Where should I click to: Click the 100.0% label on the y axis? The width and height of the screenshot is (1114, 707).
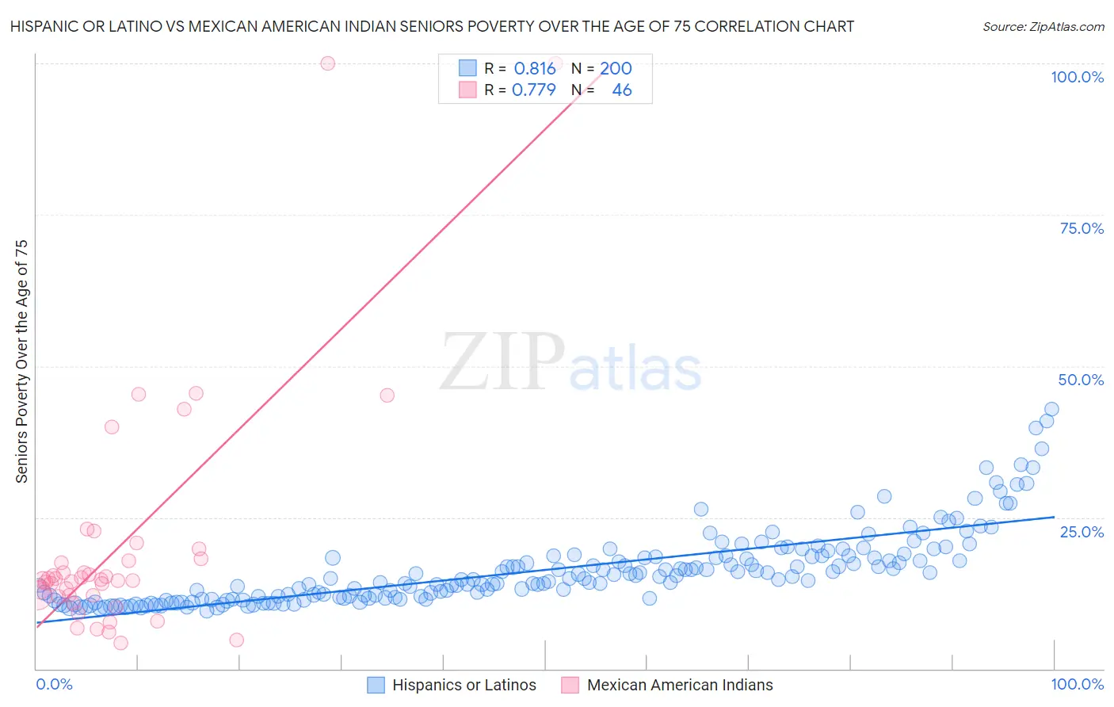pos(1077,77)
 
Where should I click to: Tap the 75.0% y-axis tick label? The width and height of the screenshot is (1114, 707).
pos(1082,228)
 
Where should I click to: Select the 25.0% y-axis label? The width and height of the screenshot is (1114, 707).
pos(1082,531)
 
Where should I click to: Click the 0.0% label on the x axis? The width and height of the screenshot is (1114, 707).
pos(54,684)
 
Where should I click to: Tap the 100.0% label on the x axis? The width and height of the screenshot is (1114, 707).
pos(1077,684)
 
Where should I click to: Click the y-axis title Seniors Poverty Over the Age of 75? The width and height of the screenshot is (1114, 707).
pos(21,361)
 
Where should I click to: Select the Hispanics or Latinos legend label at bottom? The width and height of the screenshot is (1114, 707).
pos(464,685)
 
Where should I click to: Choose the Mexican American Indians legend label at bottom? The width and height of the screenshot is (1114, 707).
pos(680,685)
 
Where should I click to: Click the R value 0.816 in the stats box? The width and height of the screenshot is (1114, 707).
pos(535,68)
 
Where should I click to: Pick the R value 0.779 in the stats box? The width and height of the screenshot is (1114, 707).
pos(534,90)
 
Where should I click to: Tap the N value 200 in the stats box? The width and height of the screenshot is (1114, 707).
pos(616,68)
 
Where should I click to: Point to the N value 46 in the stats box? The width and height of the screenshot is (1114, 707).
pos(622,90)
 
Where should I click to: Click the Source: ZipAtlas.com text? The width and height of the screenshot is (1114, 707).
pos(1043,26)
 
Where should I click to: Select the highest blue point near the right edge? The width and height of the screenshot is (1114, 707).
pos(1051,409)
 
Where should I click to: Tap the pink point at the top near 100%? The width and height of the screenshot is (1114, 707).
pos(327,63)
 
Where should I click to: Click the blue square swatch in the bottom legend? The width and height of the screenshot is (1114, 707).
pos(376,685)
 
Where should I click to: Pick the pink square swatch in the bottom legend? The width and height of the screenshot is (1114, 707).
pos(570,685)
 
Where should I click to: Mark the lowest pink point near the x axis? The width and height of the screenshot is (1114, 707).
pos(120,643)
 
